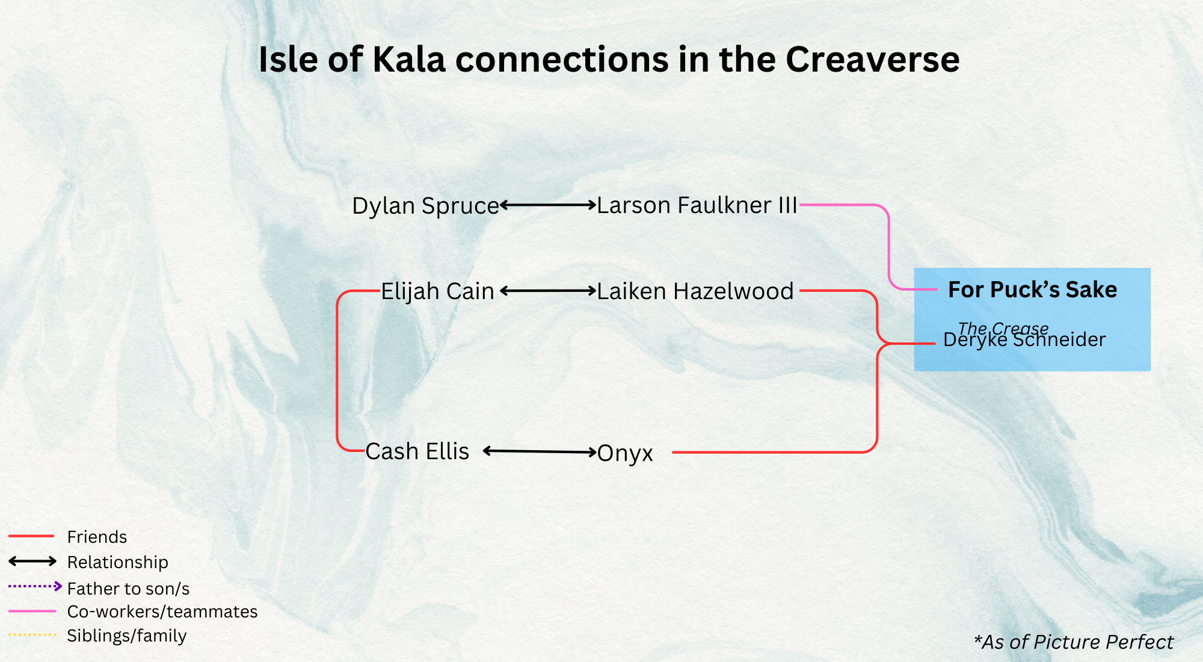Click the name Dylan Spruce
[x=425, y=206]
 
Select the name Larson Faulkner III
[x=697, y=205]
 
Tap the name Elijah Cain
[x=437, y=291]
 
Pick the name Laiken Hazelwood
[x=695, y=291]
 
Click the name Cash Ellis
[x=417, y=451]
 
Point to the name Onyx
[x=625, y=453]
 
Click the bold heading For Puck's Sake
[x=1032, y=289]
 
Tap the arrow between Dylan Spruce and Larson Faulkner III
[x=548, y=205]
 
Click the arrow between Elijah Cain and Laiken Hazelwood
[x=548, y=291]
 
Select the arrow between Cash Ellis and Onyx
[x=540, y=451]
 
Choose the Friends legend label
[x=97, y=537]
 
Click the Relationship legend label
[x=117, y=562]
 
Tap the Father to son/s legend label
[x=128, y=589]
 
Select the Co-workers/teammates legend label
[x=162, y=611]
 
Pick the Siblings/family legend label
[x=126, y=636]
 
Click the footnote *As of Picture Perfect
[x=1073, y=642]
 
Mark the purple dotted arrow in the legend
[x=35, y=586]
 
